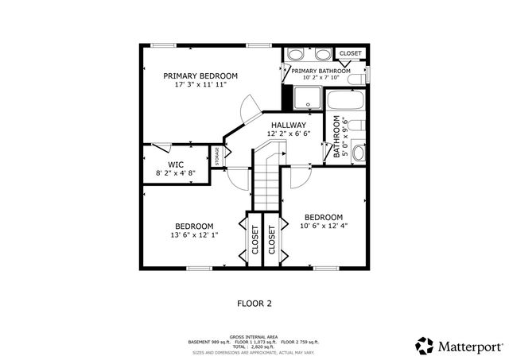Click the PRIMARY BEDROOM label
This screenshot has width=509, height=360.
[x=200, y=76]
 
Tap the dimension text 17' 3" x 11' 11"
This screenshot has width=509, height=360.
[x=200, y=85]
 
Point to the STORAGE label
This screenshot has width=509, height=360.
[x=216, y=157]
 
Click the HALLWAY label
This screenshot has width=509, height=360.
[x=288, y=126]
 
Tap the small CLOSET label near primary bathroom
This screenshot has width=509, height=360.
[x=350, y=53]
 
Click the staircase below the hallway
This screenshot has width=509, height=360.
[x=266, y=187]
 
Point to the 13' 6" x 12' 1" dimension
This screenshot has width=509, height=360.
[x=194, y=235]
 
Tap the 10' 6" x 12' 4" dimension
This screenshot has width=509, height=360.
[x=324, y=226]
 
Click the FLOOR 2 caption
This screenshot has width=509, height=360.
[x=254, y=303]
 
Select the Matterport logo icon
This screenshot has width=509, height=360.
[x=425, y=345]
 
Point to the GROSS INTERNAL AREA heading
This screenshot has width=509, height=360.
[x=254, y=337]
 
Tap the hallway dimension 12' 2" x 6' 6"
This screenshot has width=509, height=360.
[x=288, y=134]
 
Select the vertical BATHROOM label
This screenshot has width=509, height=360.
[x=336, y=137]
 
